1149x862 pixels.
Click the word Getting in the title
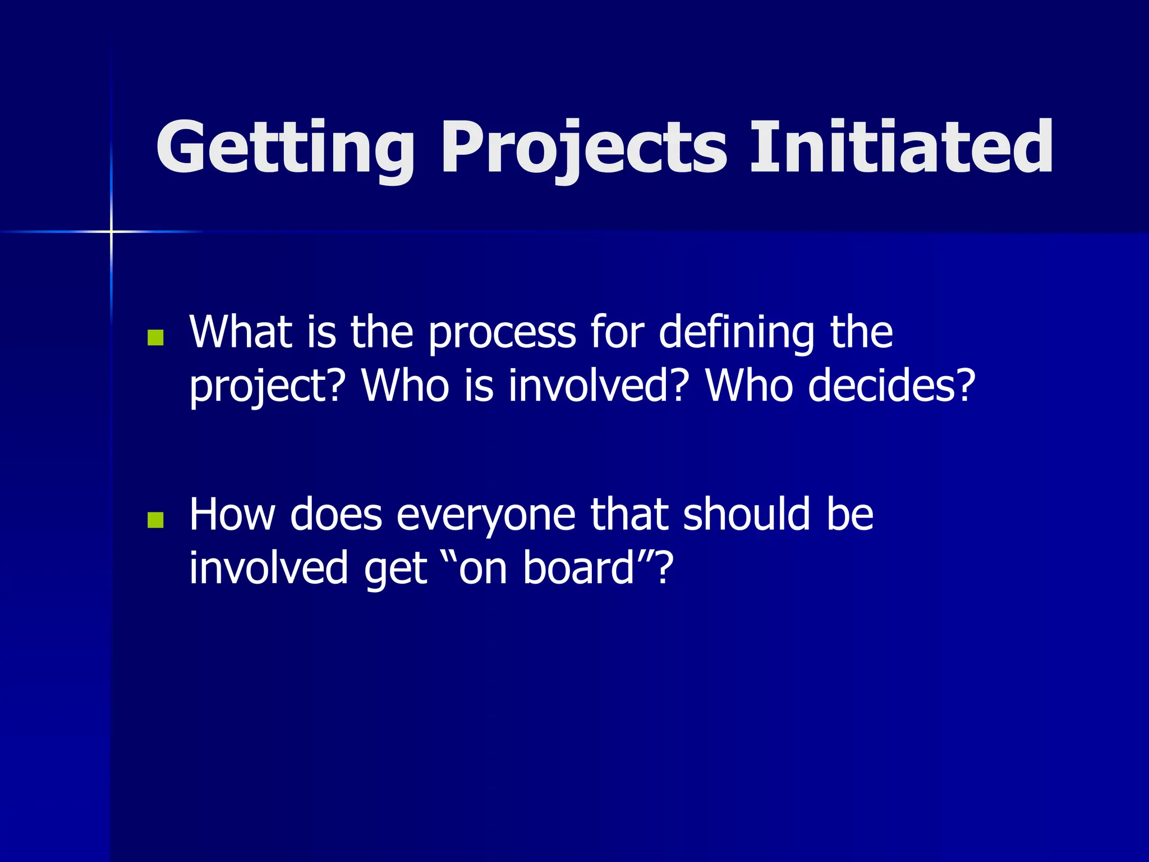point(285,147)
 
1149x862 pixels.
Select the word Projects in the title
point(583,147)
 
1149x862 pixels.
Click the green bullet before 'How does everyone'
point(155,520)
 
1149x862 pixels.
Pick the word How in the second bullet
point(231,514)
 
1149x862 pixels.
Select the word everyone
point(486,515)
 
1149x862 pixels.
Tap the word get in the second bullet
point(396,569)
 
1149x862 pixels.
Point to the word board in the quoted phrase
point(578,568)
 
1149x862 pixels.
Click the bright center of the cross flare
point(111,231)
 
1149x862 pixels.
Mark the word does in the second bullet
point(335,514)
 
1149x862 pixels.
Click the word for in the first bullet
point(617,332)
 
